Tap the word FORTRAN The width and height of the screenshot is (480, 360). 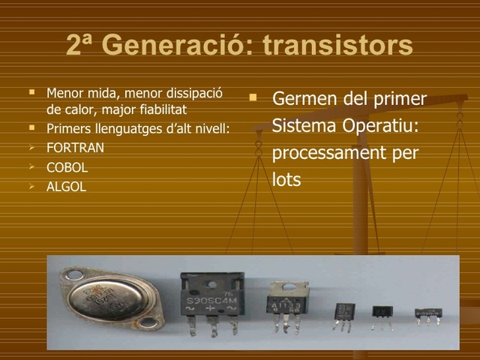coord(75,148)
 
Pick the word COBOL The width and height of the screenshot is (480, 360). coord(67,167)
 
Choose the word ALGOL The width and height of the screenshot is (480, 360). coord(66,187)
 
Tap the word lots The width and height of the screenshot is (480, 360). coord(286,180)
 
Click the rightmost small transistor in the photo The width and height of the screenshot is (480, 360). coord(428,313)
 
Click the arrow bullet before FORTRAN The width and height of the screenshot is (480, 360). coord(31,147)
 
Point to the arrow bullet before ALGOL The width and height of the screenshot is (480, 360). coord(31,186)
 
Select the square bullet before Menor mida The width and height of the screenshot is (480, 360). coord(31,93)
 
